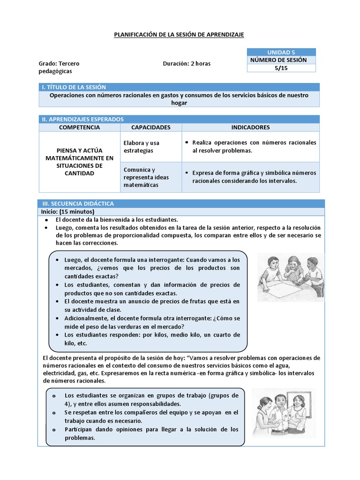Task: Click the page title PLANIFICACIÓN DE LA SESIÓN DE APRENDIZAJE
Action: tap(180, 35)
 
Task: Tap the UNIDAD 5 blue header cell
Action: tap(281, 52)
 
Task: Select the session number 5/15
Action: tap(281, 68)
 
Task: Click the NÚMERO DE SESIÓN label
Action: tap(278, 60)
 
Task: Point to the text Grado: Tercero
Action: tap(59, 64)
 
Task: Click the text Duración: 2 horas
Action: tap(187, 64)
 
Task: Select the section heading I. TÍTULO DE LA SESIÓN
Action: tap(74, 87)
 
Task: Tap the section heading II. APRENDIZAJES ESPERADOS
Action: tap(83, 120)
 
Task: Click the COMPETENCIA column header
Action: tap(79, 127)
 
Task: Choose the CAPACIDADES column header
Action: tap(150, 127)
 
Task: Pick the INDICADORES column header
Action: tap(250, 127)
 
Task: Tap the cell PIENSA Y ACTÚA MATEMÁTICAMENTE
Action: tap(79, 162)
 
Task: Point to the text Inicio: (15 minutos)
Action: tap(67, 212)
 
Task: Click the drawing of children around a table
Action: tap(290, 277)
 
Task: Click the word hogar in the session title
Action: tap(179, 103)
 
